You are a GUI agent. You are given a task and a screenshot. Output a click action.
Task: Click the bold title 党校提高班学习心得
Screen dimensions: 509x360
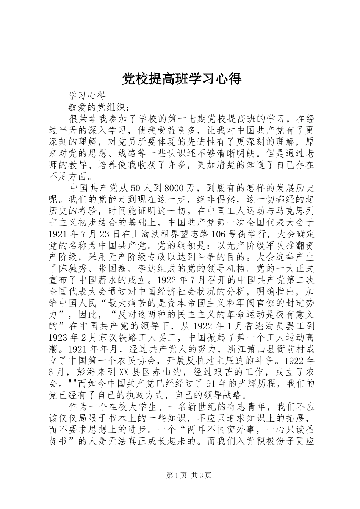[181, 79]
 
